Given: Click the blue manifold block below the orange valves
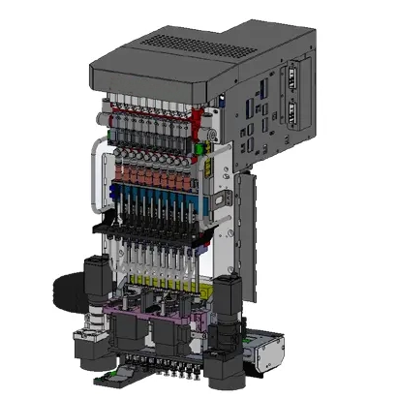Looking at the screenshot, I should pyautogui.click(x=150, y=204).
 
